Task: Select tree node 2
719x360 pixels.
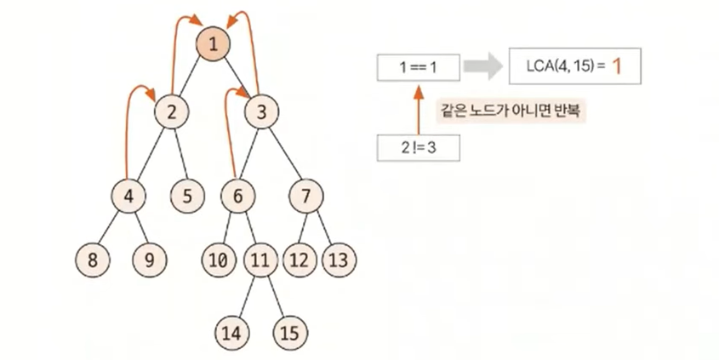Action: (172, 110)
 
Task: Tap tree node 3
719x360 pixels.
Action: (262, 110)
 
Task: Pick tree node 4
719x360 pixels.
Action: (129, 196)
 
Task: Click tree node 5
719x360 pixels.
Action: (187, 196)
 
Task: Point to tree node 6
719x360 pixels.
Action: (238, 196)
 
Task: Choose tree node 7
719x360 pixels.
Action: (305, 196)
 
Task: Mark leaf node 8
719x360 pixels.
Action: (91, 259)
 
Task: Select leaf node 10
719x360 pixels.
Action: (219, 259)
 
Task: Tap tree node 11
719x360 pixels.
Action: (260, 259)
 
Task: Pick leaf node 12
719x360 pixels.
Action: (299, 259)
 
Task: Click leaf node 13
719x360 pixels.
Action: (337, 259)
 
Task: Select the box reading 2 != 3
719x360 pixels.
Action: (418, 148)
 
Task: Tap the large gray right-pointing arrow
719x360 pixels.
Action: (483, 66)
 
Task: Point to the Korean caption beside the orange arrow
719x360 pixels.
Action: (510, 111)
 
